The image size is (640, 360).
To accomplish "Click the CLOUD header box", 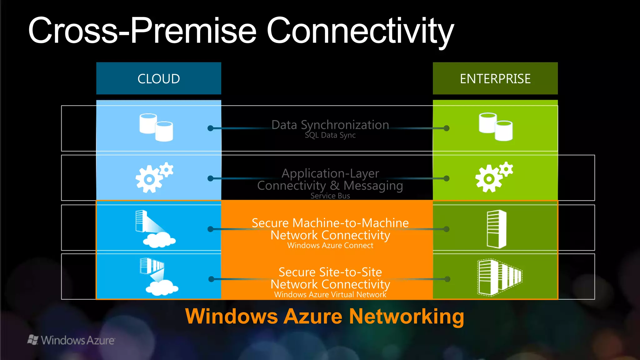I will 158,78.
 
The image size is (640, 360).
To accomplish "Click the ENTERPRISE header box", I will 495,78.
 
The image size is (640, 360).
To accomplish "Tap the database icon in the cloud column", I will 156,127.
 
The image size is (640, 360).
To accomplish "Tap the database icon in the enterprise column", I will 495,127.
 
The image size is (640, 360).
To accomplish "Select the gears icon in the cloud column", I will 154,177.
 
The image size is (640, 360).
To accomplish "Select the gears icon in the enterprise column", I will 494,177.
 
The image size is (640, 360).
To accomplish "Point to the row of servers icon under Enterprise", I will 499,277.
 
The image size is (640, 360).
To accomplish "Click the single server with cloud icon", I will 155,229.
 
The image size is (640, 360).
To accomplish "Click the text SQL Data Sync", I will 330,135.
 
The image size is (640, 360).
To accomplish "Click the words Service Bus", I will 330,196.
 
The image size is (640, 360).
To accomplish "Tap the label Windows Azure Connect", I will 330,246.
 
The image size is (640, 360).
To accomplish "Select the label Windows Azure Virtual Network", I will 330,295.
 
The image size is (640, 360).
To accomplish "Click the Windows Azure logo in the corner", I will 71,340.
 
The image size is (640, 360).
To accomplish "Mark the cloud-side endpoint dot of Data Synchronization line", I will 211,128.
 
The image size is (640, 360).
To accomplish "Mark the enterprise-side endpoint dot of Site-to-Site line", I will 447,279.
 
